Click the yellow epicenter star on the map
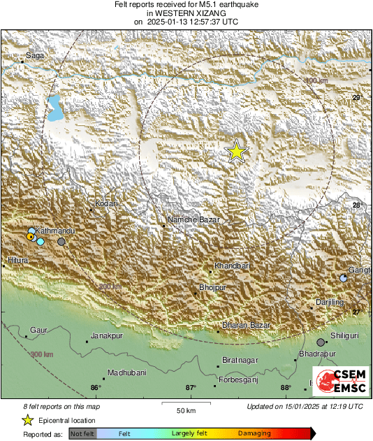tap(237, 152)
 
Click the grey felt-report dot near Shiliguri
tap(321, 342)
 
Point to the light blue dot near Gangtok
tap(344, 278)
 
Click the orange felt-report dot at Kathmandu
tap(31, 238)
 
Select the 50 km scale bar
tap(185, 404)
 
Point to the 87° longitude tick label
tap(191, 387)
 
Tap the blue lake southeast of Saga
tap(54, 107)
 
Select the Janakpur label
tap(106, 335)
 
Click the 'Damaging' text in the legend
tap(254, 434)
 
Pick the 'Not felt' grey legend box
tap(82, 434)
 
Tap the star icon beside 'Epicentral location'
tap(27, 420)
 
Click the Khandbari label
tap(232, 266)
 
